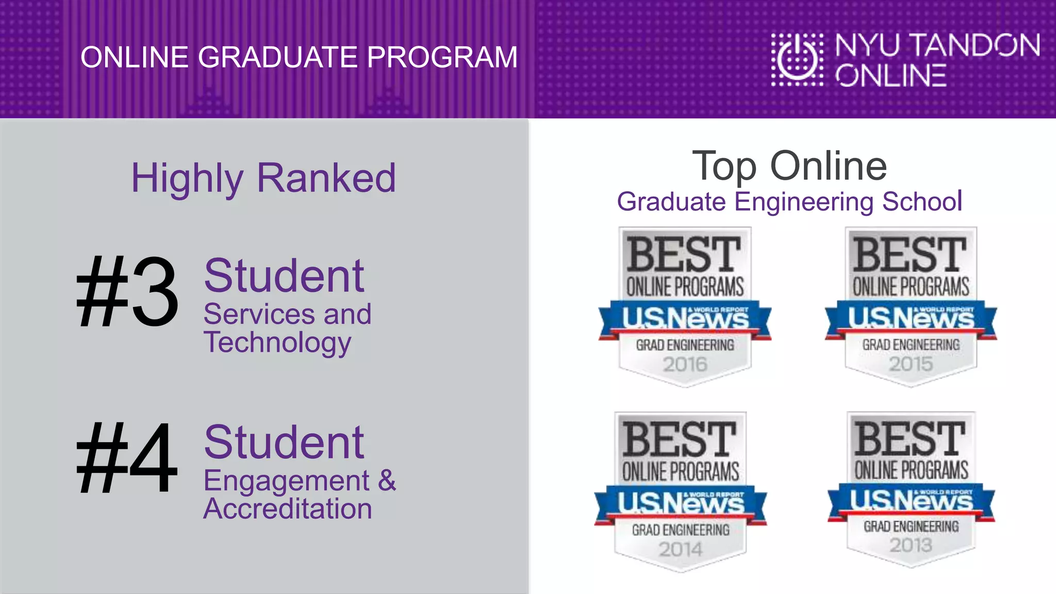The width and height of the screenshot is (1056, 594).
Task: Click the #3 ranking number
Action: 127,292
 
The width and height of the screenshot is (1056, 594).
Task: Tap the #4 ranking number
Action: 127,457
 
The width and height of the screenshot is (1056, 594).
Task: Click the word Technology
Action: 277,343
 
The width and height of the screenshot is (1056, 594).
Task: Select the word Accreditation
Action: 288,509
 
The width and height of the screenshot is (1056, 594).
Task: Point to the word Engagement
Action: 287,481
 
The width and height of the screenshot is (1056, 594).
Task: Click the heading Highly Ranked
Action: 263,178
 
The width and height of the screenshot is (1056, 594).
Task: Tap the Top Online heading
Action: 789,166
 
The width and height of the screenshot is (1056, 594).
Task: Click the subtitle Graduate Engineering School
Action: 789,201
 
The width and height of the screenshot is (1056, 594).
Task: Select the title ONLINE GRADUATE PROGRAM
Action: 299,57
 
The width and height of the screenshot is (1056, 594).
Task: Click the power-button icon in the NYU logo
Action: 797,59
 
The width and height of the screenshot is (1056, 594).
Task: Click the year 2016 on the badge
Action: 685,365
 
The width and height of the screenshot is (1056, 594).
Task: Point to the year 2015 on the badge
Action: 911,364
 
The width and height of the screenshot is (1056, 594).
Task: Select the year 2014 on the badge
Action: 681,550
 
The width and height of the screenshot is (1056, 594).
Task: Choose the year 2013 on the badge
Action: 911,545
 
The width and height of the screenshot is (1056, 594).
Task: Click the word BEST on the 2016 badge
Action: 684,254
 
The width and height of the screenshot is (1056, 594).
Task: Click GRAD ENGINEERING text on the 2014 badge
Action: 681,530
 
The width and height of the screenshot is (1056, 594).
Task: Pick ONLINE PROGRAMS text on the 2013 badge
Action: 911,470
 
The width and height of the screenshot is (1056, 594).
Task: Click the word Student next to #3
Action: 284,276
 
